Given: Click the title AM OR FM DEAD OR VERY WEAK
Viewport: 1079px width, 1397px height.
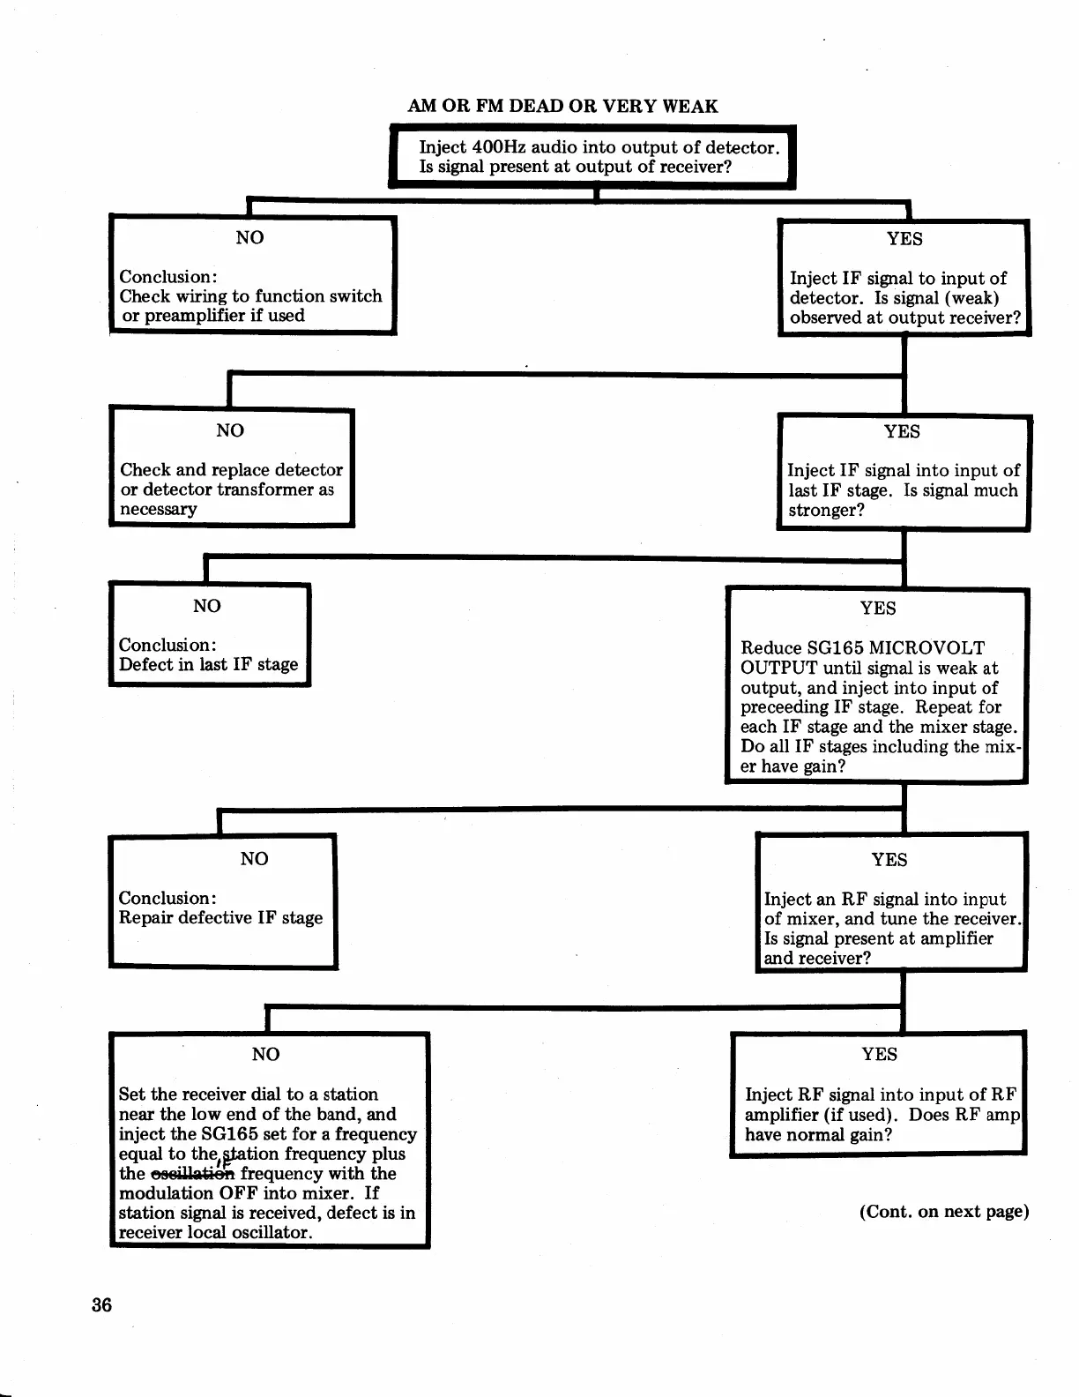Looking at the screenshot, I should pos(562,107).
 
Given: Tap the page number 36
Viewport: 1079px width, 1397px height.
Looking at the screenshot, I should pos(102,1305).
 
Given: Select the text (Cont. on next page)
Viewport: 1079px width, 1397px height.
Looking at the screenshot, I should pos(944,1211).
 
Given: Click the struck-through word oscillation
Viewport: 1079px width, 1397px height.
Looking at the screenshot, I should pos(193,1174).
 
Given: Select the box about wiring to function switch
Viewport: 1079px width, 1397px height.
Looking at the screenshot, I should pos(252,274).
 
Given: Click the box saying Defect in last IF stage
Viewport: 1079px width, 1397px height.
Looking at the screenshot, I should pos(209,634).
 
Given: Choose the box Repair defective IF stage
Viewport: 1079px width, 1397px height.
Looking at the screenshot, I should pos(222,901).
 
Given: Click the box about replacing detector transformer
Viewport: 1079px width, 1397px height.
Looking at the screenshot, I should pos(231,467).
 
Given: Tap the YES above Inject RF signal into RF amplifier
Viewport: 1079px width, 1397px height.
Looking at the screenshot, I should pos(879,1054).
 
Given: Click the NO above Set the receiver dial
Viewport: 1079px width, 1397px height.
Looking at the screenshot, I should pos(265,1054).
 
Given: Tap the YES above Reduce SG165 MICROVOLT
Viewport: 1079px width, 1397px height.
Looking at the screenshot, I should pos(878,608).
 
